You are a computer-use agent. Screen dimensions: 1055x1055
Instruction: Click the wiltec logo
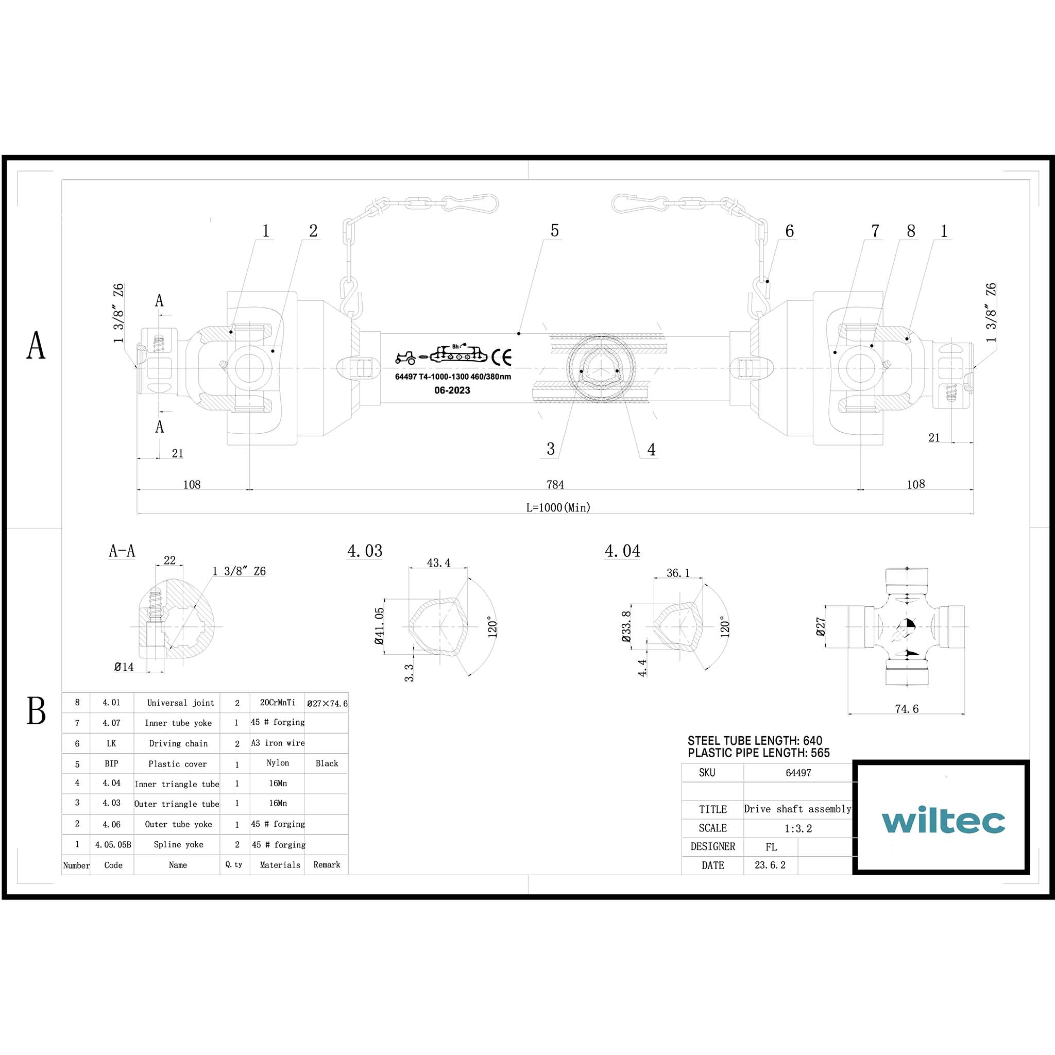943,821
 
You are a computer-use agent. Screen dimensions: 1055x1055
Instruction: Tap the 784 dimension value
555,484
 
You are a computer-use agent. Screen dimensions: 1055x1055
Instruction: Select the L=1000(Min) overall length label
558,507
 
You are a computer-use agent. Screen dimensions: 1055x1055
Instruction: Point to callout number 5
554,231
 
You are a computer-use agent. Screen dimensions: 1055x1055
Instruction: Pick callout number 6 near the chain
789,231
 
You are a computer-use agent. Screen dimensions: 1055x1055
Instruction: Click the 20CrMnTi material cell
278,703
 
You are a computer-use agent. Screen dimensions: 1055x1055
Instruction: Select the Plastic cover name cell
178,764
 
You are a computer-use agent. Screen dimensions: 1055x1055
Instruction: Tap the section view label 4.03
365,551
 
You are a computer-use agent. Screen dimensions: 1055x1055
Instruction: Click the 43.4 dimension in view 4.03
438,563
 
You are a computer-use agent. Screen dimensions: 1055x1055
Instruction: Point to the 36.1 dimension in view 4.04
678,573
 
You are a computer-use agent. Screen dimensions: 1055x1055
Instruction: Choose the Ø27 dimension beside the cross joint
820,626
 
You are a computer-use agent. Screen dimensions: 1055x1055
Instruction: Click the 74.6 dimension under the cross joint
907,709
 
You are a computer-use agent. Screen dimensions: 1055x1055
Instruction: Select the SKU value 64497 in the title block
798,773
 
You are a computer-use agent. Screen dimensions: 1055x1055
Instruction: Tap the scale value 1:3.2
798,828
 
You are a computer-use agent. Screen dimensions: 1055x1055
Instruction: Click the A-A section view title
122,551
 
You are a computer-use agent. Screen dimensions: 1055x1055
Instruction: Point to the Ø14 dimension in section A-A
124,667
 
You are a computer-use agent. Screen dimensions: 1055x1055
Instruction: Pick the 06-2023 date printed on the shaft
452,390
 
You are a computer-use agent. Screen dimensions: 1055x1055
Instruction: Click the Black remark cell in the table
327,763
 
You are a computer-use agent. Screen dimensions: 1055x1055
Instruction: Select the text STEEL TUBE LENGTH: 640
755,741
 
